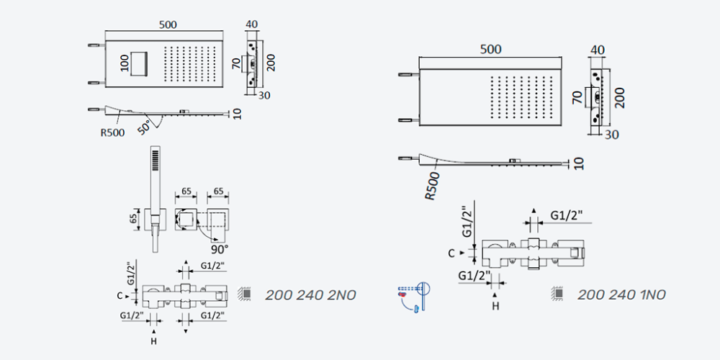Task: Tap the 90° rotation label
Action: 220,249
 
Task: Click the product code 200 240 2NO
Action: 310,294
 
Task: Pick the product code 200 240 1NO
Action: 621,294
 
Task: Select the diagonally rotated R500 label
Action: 432,186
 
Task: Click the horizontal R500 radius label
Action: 112,133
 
